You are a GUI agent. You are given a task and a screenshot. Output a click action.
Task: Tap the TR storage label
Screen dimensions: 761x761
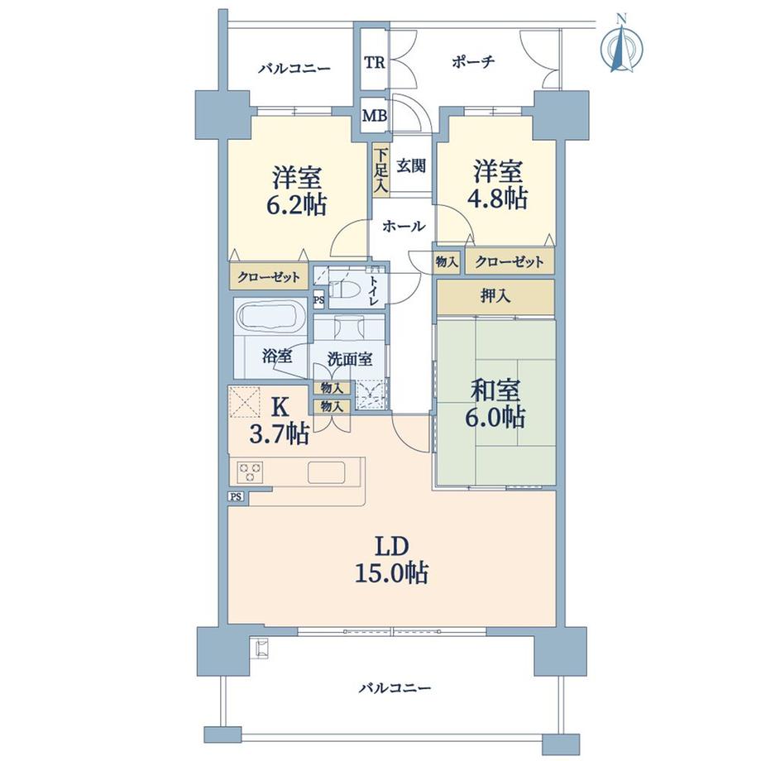pos(374,63)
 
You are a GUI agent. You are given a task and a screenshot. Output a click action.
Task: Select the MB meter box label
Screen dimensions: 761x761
pos(374,116)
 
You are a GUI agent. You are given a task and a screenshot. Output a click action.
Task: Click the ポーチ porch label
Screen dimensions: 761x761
pos(474,62)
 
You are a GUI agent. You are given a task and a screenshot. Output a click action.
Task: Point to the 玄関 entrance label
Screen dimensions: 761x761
pos(411,165)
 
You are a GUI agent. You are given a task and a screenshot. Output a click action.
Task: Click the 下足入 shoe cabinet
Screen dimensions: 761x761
pos(380,170)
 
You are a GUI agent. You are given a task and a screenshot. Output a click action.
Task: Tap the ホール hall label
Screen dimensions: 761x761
pos(404,226)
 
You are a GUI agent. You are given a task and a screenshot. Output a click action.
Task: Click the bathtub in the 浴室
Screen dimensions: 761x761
pos(270,317)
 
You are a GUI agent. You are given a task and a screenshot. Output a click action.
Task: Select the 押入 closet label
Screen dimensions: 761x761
pos(495,297)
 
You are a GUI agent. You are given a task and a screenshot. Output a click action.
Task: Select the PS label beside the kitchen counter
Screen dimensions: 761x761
pos(237,496)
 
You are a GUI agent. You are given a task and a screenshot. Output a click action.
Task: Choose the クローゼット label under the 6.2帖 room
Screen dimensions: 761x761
pos(270,276)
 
